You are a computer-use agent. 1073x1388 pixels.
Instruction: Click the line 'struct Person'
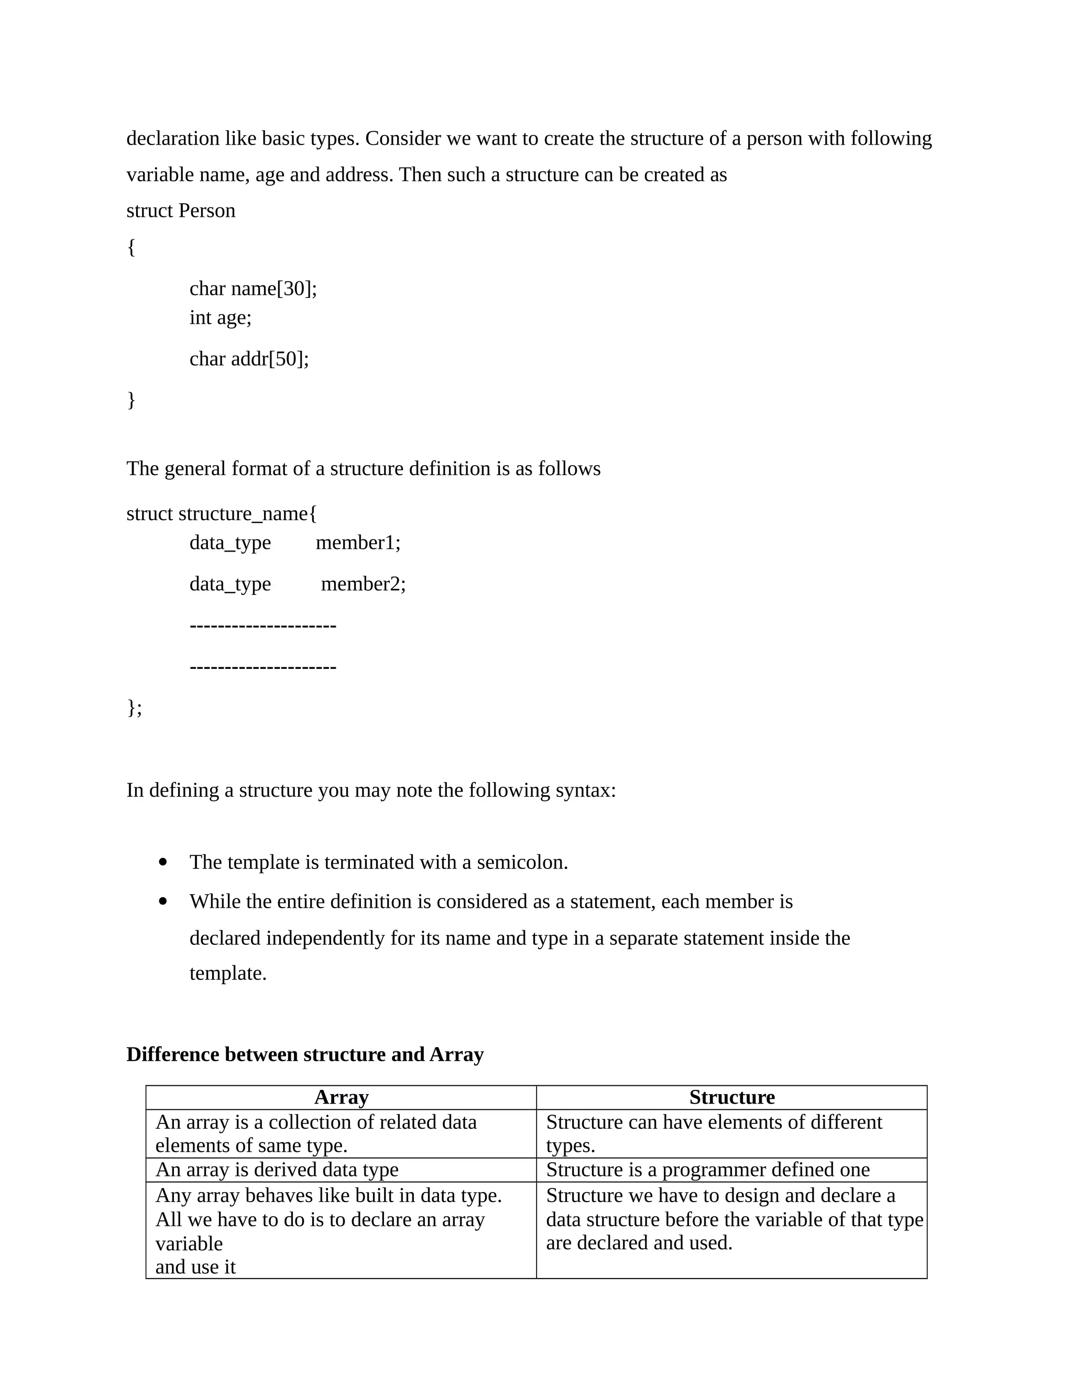pos(181,211)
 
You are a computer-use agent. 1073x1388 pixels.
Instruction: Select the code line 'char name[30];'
pos(253,289)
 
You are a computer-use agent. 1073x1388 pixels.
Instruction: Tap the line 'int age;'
pos(220,317)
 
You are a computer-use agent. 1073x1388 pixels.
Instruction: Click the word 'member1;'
pos(358,543)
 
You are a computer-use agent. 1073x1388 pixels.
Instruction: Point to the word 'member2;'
pos(363,584)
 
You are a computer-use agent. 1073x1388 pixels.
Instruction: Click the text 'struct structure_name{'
pos(221,513)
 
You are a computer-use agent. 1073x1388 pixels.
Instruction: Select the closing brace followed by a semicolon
pos(134,707)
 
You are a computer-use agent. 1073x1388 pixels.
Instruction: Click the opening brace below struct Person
pos(131,247)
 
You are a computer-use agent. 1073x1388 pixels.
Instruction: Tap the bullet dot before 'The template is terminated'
pos(163,862)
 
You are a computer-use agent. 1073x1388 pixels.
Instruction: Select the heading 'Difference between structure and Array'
pos(304,1054)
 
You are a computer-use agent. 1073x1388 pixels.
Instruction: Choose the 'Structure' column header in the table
pos(731,1097)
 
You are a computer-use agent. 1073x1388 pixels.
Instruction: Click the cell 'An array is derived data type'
pos(277,1170)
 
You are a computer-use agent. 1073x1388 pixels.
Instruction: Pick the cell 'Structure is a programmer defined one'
pos(707,1170)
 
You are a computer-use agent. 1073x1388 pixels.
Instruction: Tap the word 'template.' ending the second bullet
pos(227,973)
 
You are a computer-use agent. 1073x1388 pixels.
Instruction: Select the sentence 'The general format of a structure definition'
pos(363,469)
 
